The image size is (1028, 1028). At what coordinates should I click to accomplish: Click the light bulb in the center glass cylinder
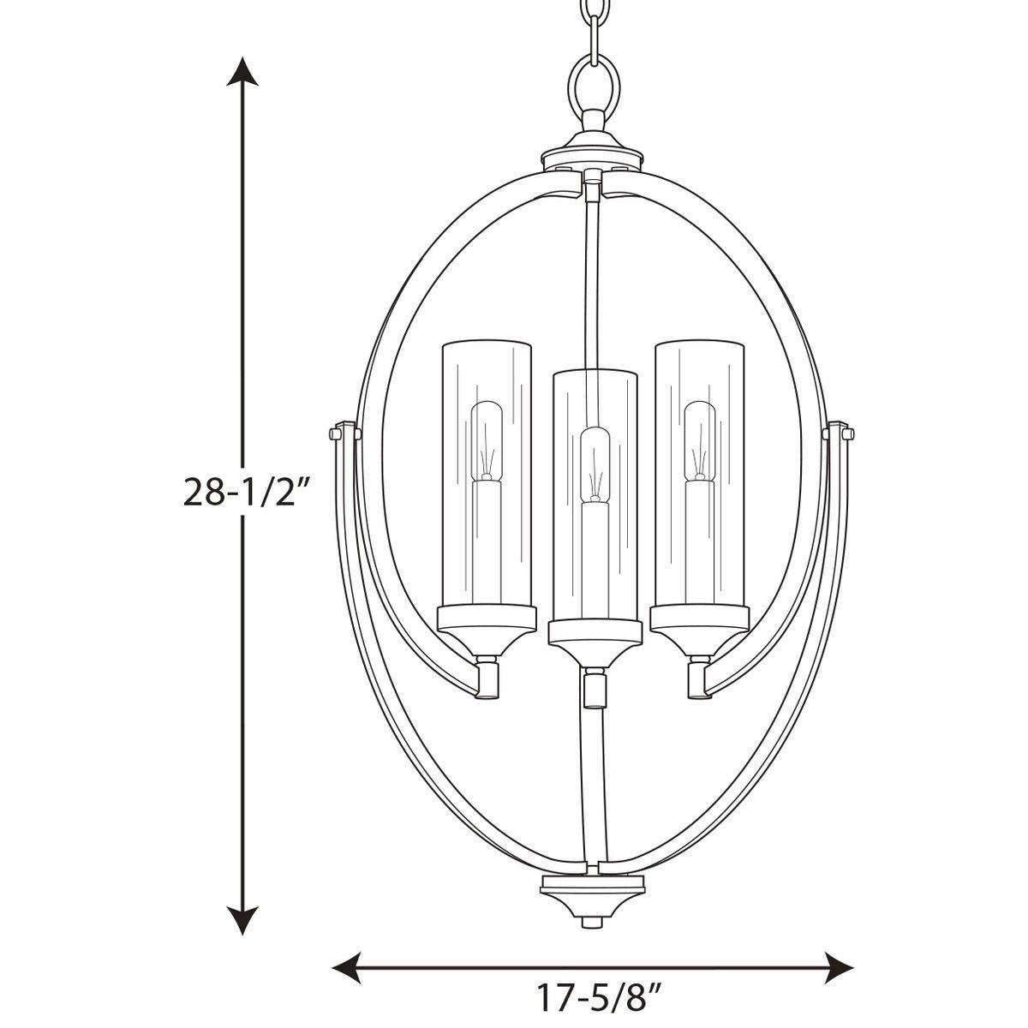pos(593,467)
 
